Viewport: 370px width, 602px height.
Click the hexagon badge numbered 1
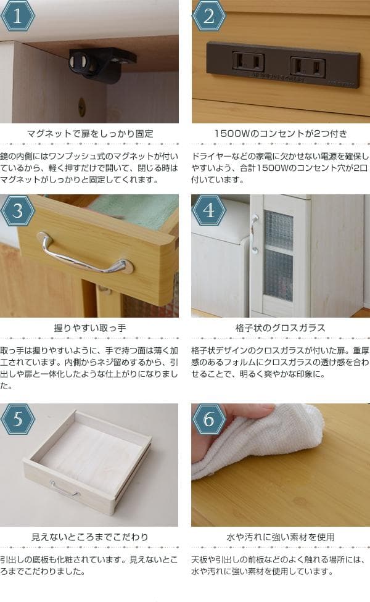pos(17,17)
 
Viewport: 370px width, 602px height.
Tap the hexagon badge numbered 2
pos(209,17)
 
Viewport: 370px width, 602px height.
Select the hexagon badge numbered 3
pos(17,212)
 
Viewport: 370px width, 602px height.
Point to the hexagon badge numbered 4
pos(209,212)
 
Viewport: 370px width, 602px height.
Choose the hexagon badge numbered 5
pos(17,420)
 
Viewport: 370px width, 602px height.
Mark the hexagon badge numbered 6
pos(209,420)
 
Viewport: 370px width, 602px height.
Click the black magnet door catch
pos(102,65)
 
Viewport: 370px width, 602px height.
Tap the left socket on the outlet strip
pos(248,62)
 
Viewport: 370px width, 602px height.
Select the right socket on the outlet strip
pos(307,65)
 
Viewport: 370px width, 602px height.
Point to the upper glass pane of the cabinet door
pos(279,230)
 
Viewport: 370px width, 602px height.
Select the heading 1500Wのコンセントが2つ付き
pos(281,133)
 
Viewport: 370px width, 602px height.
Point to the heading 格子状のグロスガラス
pos(281,328)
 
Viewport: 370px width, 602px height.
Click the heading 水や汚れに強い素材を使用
pos(281,537)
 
